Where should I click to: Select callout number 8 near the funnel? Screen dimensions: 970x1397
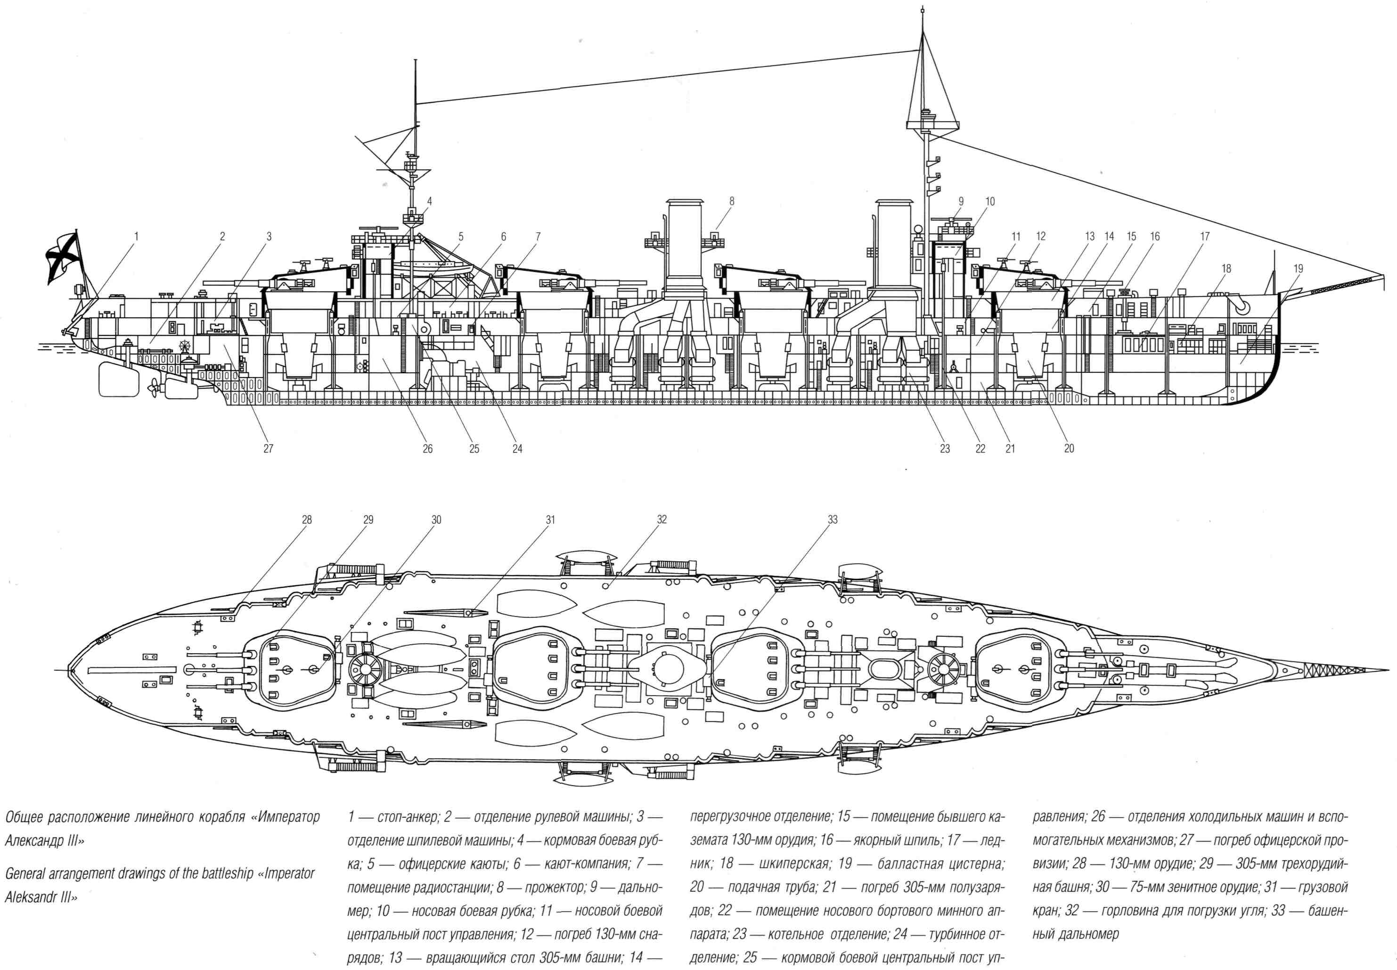pos(732,201)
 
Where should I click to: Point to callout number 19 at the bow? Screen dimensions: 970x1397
pos(1299,269)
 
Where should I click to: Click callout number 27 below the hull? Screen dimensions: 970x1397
pos(268,449)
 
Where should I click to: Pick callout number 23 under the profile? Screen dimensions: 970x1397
pos(945,449)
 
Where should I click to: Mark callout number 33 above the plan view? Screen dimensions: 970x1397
pos(832,519)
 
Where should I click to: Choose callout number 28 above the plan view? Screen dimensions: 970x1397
pos(307,519)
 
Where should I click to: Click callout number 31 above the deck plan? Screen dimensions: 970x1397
pos(550,519)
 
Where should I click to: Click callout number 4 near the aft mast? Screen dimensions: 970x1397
pos(429,201)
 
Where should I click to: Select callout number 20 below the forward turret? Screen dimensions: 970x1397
pos(1069,449)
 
